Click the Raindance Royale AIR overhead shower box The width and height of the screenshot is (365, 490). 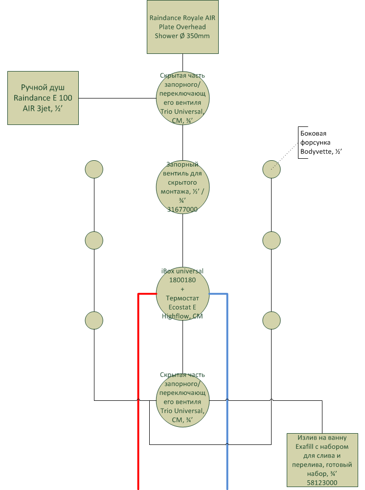pos(182,27)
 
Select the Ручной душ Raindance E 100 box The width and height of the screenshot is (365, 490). pos(43,98)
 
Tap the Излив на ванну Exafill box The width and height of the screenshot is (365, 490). pos(322,460)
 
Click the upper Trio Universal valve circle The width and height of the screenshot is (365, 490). pos(182,98)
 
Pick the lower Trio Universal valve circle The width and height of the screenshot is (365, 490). pos(182,400)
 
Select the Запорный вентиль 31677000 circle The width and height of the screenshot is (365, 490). pos(182,187)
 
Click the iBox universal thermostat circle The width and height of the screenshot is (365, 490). pos(182,294)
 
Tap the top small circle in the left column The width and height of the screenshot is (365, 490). pos(94,170)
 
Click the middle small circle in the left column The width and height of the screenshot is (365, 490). pos(94,240)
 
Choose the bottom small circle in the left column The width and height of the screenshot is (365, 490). pos(94,320)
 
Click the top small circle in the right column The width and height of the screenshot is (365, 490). pos(272,170)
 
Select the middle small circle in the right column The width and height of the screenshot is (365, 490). pos(272,240)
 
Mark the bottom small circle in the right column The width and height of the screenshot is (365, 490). pos(272,320)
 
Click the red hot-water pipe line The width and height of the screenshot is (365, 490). pos(138,391)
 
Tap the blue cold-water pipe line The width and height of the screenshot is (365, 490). pos(227,391)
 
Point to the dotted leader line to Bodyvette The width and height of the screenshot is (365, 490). pos(284,156)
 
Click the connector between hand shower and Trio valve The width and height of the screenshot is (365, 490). pos(117,98)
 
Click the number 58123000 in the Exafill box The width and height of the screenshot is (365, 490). pos(322,483)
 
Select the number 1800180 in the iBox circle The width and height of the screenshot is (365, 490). pos(182,280)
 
